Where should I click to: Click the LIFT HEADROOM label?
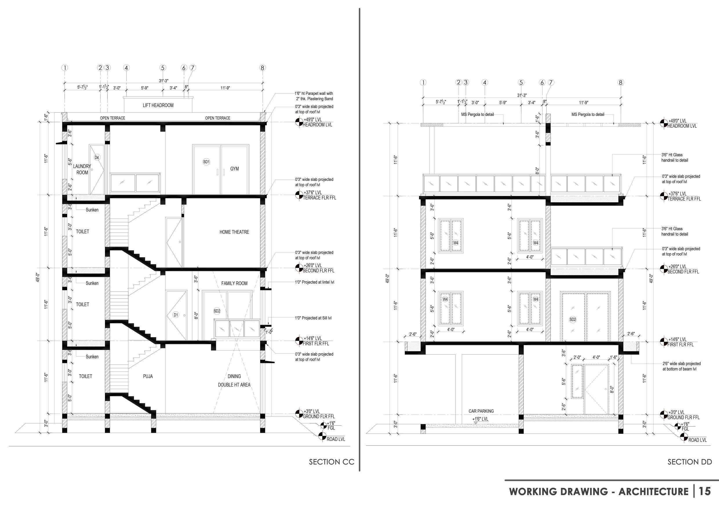(158, 105)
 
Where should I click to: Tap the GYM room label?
(234, 169)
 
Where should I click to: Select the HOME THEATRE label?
(234, 232)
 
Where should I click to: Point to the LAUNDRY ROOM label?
(82, 169)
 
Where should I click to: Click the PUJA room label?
(148, 376)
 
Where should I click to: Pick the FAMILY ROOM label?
(234, 284)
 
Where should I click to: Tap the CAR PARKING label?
(481, 411)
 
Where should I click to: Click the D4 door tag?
(97, 158)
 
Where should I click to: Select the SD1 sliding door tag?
(206, 162)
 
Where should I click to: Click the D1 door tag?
(176, 315)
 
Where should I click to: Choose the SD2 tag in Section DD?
(572, 320)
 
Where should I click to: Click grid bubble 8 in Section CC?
(263, 68)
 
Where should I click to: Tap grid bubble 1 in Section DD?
(423, 82)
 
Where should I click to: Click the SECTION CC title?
(331, 462)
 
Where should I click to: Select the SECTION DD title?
(689, 462)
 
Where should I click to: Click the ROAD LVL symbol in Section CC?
(322, 436)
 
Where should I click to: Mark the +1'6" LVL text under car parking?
(480, 419)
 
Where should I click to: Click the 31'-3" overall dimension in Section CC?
(163, 81)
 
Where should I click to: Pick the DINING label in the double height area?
(234, 376)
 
